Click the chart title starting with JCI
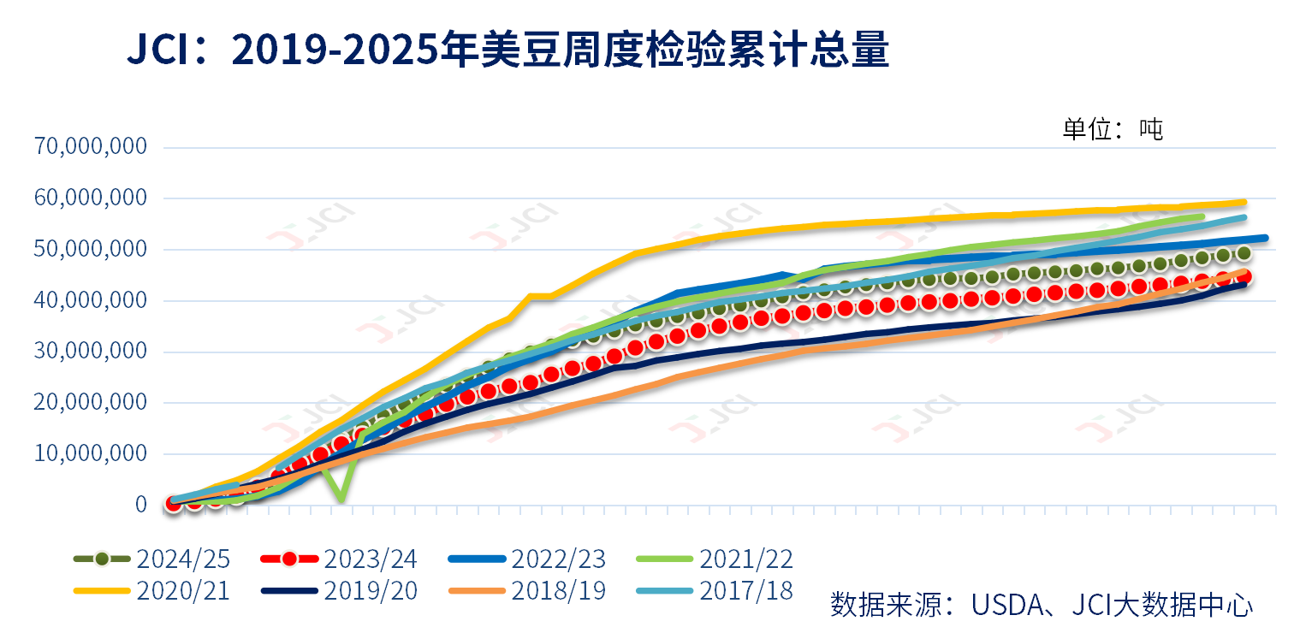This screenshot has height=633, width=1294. click(508, 51)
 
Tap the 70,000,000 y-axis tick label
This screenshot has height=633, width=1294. click(91, 147)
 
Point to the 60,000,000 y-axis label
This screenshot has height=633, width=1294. click(91, 198)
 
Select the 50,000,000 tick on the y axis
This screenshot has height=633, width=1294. click(91, 250)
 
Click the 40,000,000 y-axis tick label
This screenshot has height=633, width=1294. click(91, 300)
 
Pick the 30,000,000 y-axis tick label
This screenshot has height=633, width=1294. click(91, 352)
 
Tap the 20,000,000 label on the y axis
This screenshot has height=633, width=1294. click(91, 403)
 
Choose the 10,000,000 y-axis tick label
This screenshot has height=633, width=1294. click(91, 454)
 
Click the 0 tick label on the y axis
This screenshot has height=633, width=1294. click(140, 505)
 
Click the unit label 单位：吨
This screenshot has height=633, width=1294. click(1113, 130)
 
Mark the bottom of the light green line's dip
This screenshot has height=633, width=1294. click(341, 498)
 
